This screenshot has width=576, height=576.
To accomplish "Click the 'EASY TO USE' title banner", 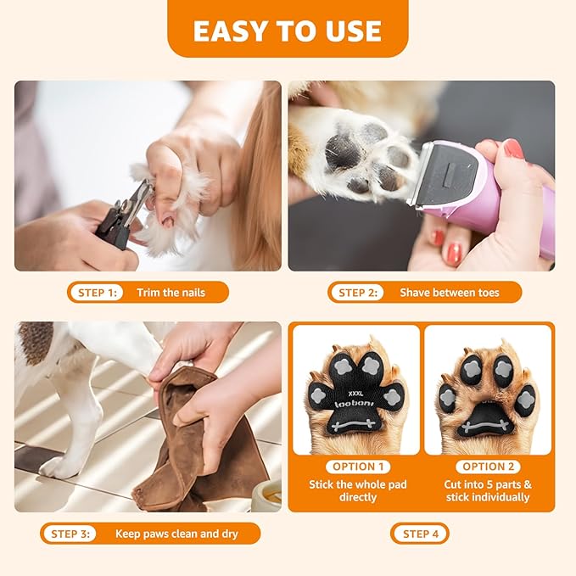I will (x=288, y=31).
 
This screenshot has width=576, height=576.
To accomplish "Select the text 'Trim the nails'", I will (x=171, y=293).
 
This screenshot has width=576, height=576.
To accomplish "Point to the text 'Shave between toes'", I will (x=450, y=293).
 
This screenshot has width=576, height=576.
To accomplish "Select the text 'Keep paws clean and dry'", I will (x=176, y=534).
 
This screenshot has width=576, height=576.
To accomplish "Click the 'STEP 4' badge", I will (x=420, y=534).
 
